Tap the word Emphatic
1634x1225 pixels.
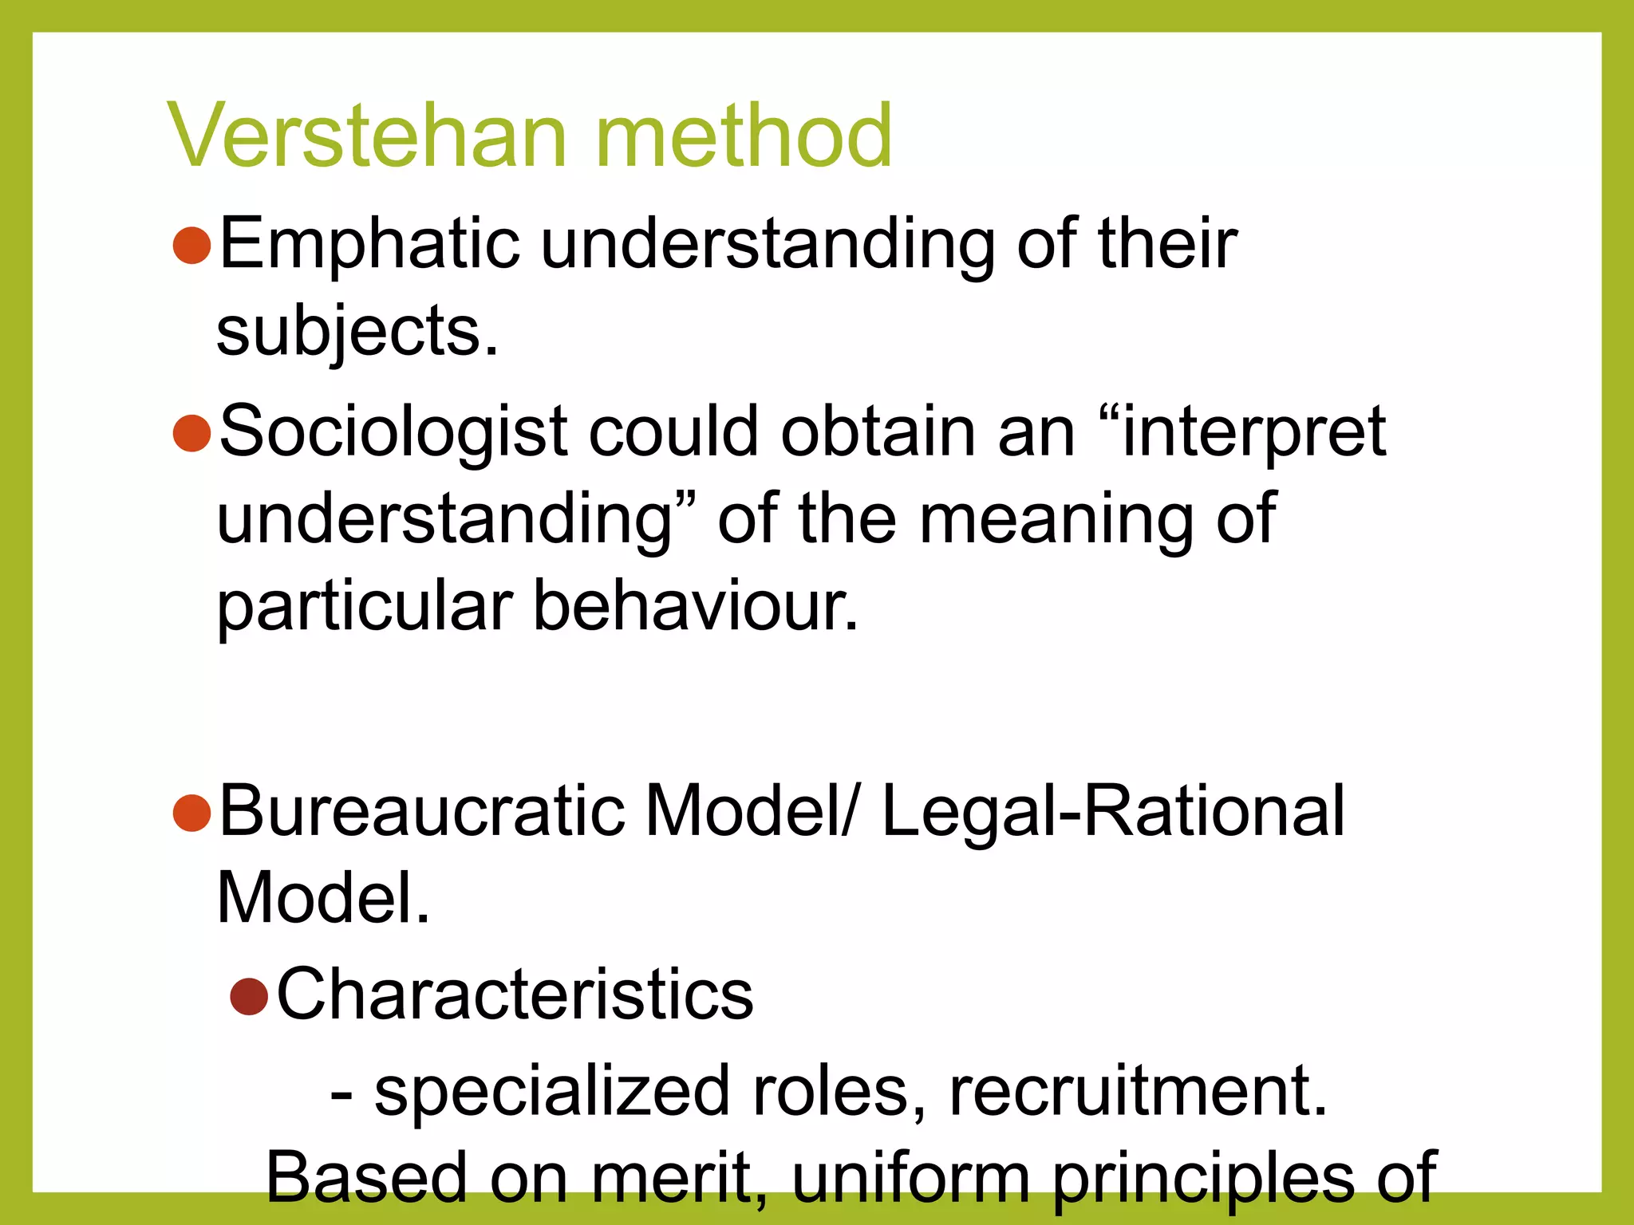pyautogui.click(x=369, y=245)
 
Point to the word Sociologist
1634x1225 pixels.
pyautogui.click(x=393, y=433)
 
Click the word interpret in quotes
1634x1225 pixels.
pyautogui.click(x=1253, y=433)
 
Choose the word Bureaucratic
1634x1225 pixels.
pyautogui.click(x=420, y=812)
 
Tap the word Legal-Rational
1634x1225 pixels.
pyautogui.click(x=1113, y=812)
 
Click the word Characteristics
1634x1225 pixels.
pyautogui.click(x=515, y=995)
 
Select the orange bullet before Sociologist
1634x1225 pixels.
pyautogui.click(x=191, y=433)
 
